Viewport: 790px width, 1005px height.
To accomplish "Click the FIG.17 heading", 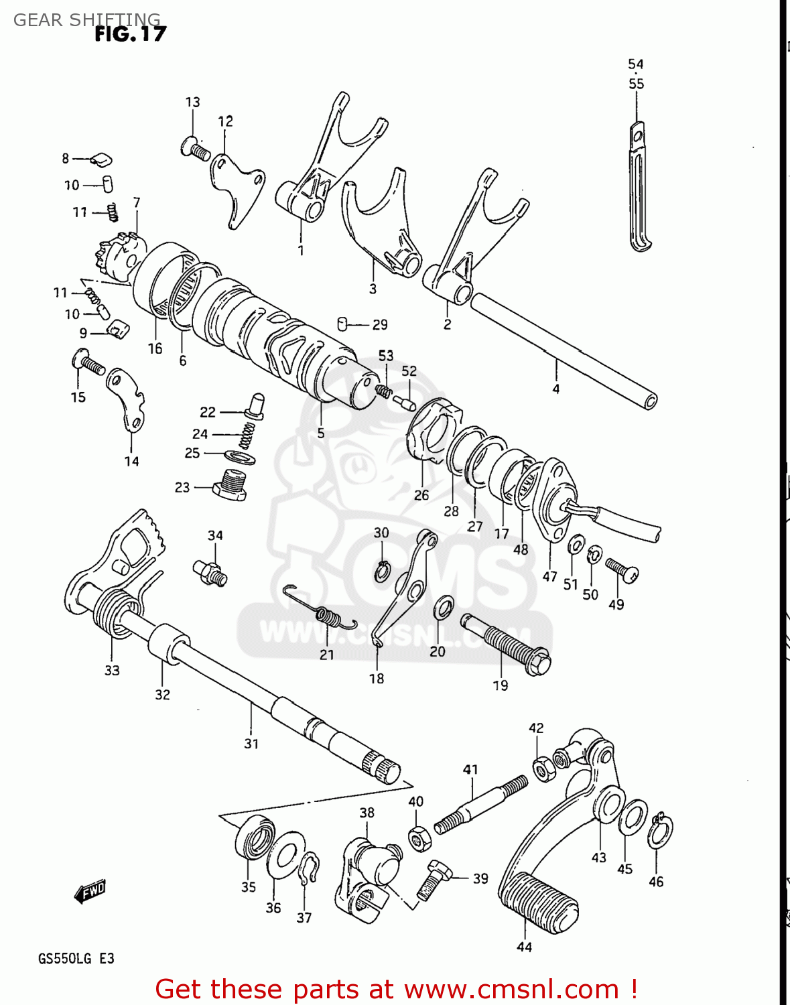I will pyautogui.click(x=130, y=34).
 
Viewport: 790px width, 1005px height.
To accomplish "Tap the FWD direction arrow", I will pyautogui.click(x=90, y=891).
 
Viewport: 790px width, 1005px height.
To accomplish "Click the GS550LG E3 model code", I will pyautogui.click(x=76, y=959).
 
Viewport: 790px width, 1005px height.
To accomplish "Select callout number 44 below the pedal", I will pyautogui.click(x=524, y=947).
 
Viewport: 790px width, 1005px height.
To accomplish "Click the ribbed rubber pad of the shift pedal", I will pyautogui.click(x=538, y=904).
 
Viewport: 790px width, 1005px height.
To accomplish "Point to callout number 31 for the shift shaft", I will pyautogui.click(x=251, y=744).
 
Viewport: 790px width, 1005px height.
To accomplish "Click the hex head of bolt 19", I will pyautogui.click(x=537, y=663).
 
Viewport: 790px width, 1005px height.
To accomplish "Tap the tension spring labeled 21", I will pyautogui.click(x=322, y=611).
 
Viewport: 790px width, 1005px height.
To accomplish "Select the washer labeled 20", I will pyautogui.click(x=443, y=607).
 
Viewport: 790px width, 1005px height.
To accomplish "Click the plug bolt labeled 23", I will pyautogui.click(x=231, y=486).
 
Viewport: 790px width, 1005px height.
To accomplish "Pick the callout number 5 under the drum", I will pyautogui.click(x=321, y=433).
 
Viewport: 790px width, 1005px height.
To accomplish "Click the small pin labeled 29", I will pyautogui.click(x=344, y=324).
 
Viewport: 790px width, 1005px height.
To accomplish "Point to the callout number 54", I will pyautogui.click(x=635, y=64).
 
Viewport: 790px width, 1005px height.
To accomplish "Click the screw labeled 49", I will pyautogui.click(x=622, y=569).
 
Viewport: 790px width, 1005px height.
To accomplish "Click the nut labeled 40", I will pyautogui.click(x=419, y=838).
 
